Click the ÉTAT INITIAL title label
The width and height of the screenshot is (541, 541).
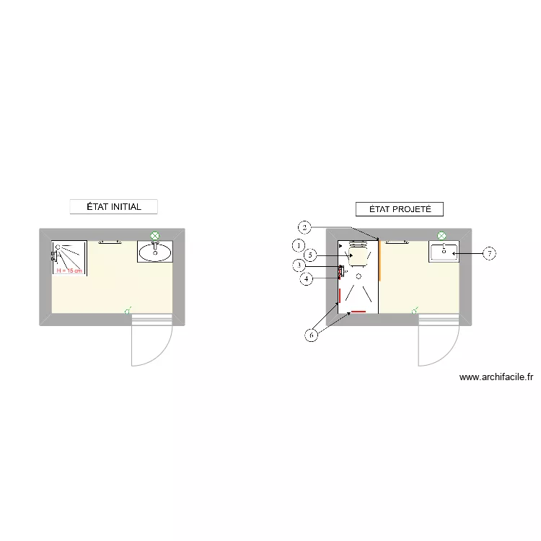(x=113, y=207)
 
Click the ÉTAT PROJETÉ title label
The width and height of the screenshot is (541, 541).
(x=400, y=209)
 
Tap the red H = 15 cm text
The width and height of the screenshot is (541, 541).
(x=69, y=270)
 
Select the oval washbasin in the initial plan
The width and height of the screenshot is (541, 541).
(x=155, y=252)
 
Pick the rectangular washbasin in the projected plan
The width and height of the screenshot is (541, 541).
(x=444, y=252)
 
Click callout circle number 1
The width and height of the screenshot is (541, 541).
(x=299, y=245)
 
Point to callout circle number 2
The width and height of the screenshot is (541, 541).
(x=305, y=228)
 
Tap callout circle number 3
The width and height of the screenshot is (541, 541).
(x=299, y=265)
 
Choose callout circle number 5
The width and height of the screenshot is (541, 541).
(x=309, y=255)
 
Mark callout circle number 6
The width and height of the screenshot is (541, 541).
(x=312, y=335)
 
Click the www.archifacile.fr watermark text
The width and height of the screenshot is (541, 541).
(x=496, y=377)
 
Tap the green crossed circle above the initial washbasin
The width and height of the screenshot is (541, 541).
(x=154, y=235)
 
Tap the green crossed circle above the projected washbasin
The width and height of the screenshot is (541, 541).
(x=442, y=235)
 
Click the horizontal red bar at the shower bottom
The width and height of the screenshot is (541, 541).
(x=359, y=312)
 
